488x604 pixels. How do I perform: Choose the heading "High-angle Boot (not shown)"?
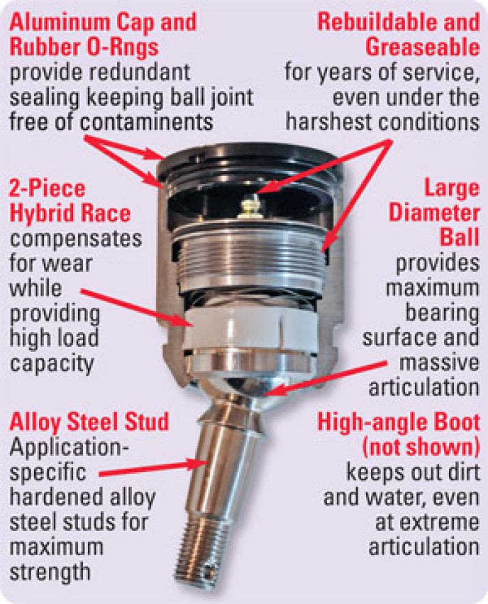click(x=399, y=434)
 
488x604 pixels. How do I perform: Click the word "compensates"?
click(x=76, y=238)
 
